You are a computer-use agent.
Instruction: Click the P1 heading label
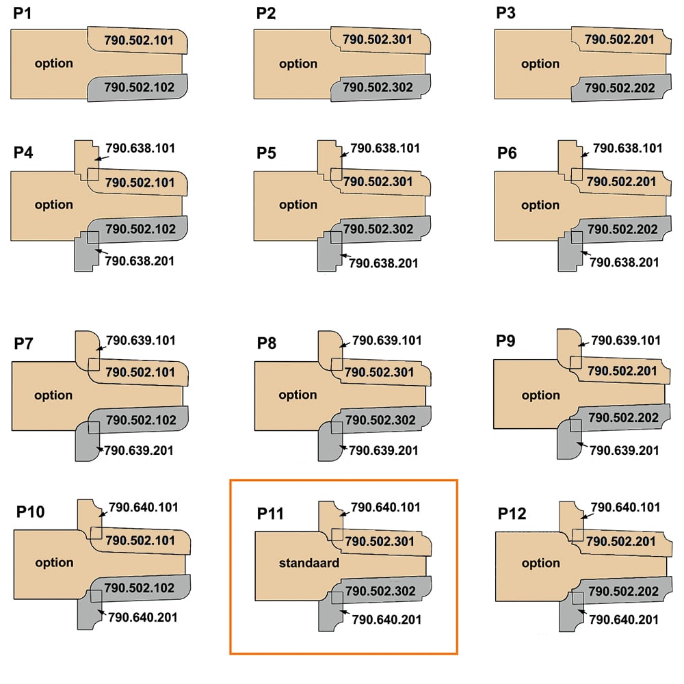(23, 14)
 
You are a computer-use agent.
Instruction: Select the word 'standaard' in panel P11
(309, 563)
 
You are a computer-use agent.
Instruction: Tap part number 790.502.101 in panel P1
(139, 40)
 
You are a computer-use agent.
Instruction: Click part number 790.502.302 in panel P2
(378, 88)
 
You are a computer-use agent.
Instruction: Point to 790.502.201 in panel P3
(620, 40)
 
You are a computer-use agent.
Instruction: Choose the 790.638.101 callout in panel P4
(140, 148)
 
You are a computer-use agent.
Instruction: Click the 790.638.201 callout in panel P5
(384, 263)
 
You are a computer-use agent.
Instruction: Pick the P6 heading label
(507, 153)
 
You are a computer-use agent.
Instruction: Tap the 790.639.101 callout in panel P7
(141, 340)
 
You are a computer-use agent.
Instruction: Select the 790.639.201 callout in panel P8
(384, 450)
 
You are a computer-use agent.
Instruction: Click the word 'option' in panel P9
(540, 395)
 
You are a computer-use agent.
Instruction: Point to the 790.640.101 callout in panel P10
(144, 508)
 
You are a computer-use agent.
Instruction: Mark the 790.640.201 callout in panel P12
(624, 620)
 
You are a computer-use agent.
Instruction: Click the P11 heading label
(270, 514)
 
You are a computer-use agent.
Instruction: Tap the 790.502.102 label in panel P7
(141, 420)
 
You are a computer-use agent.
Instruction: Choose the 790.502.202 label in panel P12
(623, 591)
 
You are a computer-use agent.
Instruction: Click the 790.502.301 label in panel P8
(379, 372)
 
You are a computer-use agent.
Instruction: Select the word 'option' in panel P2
(298, 64)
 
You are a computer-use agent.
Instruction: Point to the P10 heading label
(30, 512)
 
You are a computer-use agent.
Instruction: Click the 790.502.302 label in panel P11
(380, 591)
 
